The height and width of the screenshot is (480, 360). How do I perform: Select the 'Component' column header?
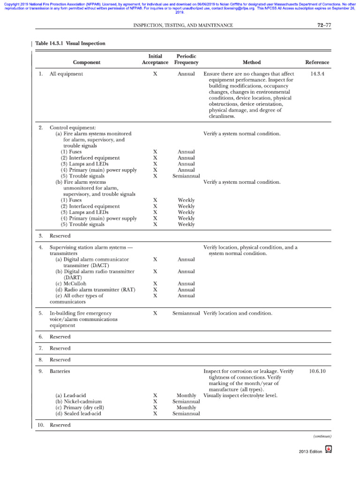[86, 62]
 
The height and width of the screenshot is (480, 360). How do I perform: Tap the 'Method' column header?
[252, 62]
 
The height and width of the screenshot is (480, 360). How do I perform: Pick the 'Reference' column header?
[317, 62]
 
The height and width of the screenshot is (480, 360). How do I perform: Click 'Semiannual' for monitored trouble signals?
[186, 176]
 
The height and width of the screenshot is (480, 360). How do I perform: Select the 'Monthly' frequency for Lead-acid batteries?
[186, 396]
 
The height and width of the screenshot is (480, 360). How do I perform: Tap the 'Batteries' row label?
[60, 371]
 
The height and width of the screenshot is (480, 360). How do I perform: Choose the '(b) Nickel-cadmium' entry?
[78, 402]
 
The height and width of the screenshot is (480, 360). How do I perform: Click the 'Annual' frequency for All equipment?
[186, 74]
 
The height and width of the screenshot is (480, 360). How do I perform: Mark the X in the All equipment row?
[155, 74]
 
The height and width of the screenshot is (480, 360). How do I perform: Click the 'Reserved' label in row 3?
[60, 236]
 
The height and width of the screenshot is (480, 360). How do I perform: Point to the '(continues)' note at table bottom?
[322, 436]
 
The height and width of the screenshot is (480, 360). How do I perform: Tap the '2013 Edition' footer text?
[310, 451]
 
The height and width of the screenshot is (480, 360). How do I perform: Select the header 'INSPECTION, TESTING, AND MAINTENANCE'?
[183, 25]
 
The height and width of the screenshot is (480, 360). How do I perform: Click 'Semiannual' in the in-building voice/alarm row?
[186, 313]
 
